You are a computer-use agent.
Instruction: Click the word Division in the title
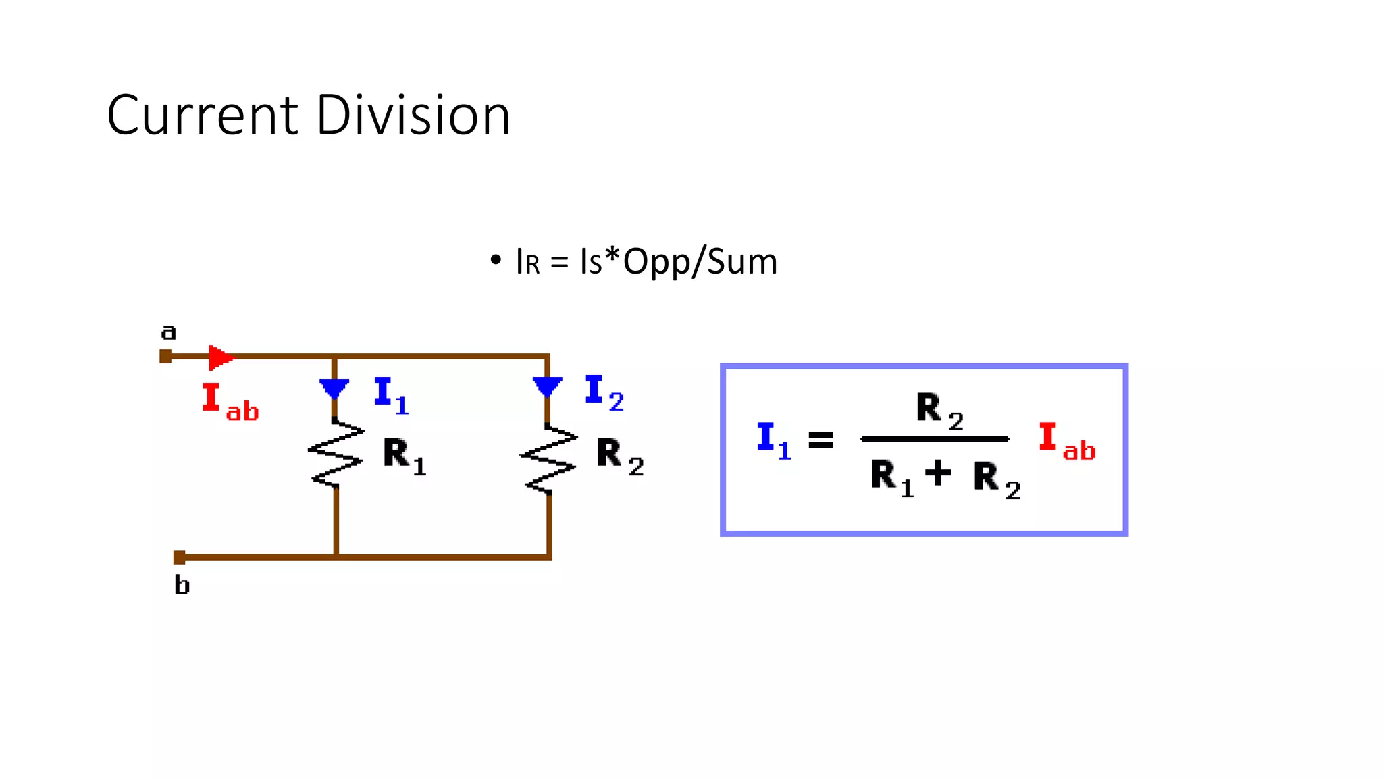(x=413, y=115)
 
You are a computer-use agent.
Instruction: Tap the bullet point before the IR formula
(x=496, y=260)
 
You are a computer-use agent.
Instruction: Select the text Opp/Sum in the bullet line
(x=700, y=262)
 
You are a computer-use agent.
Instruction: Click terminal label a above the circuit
(x=168, y=332)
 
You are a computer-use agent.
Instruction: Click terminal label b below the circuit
(x=182, y=585)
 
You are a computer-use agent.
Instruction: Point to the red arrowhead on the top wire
(x=220, y=357)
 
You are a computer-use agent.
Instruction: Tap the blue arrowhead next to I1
(x=334, y=389)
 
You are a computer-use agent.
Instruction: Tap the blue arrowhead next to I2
(x=547, y=387)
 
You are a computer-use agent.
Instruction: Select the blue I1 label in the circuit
(x=391, y=394)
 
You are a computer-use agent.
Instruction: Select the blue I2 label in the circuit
(x=604, y=392)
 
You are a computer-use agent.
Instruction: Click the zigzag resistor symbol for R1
(x=336, y=452)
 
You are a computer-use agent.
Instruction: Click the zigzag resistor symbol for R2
(x=549, y=457)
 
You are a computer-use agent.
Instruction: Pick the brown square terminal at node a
(x=165, y=356)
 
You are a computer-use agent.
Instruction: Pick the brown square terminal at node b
(x=179, y=557)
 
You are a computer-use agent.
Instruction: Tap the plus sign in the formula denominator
(x=938, y=473)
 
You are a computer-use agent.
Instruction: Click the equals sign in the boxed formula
(x=820, y=440)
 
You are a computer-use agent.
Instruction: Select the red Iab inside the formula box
(x=1066, y=442)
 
